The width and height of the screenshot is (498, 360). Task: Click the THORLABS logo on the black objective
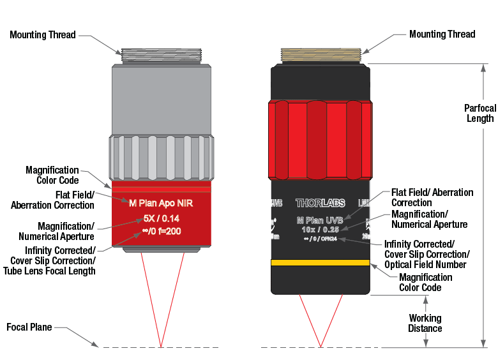tap(320, 204)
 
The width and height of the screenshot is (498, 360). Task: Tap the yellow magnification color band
tap(320, 262)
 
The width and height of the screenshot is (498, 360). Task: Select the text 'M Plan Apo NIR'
tap(162, 204)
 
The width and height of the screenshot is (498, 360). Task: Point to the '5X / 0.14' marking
tap(162, 218)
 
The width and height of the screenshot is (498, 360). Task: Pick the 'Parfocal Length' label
tap(479, 113)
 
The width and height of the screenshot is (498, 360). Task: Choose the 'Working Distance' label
tap(425, 323)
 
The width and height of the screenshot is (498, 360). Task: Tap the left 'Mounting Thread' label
tap(43, 34)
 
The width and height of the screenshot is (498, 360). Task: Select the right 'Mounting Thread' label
tap(442, 34)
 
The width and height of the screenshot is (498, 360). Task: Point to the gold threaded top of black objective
tap(321, 56)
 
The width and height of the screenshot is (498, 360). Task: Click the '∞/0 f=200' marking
tap(162, 230)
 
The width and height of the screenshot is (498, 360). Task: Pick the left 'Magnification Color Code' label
tap(52, 175)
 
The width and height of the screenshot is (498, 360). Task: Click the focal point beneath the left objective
tap(162, 347)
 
